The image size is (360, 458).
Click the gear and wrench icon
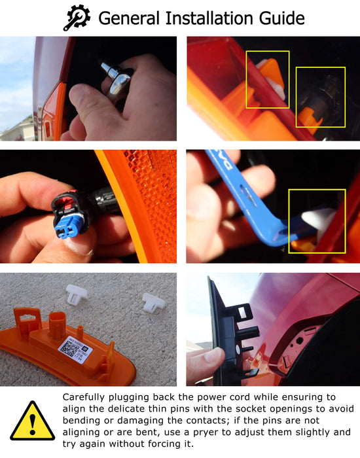coord(77,18)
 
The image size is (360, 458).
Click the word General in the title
coord(129,18)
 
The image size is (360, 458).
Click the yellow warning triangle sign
coord(33,421)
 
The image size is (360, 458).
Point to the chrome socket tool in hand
coord(116,79)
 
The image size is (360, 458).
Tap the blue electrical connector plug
coord(68,224)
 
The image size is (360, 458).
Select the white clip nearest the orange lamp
coord(76,294)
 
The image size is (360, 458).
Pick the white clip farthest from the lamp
coord(153,303)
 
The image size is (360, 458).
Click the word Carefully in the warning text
coord(84,398)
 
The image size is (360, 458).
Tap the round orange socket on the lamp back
coord(57,325)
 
